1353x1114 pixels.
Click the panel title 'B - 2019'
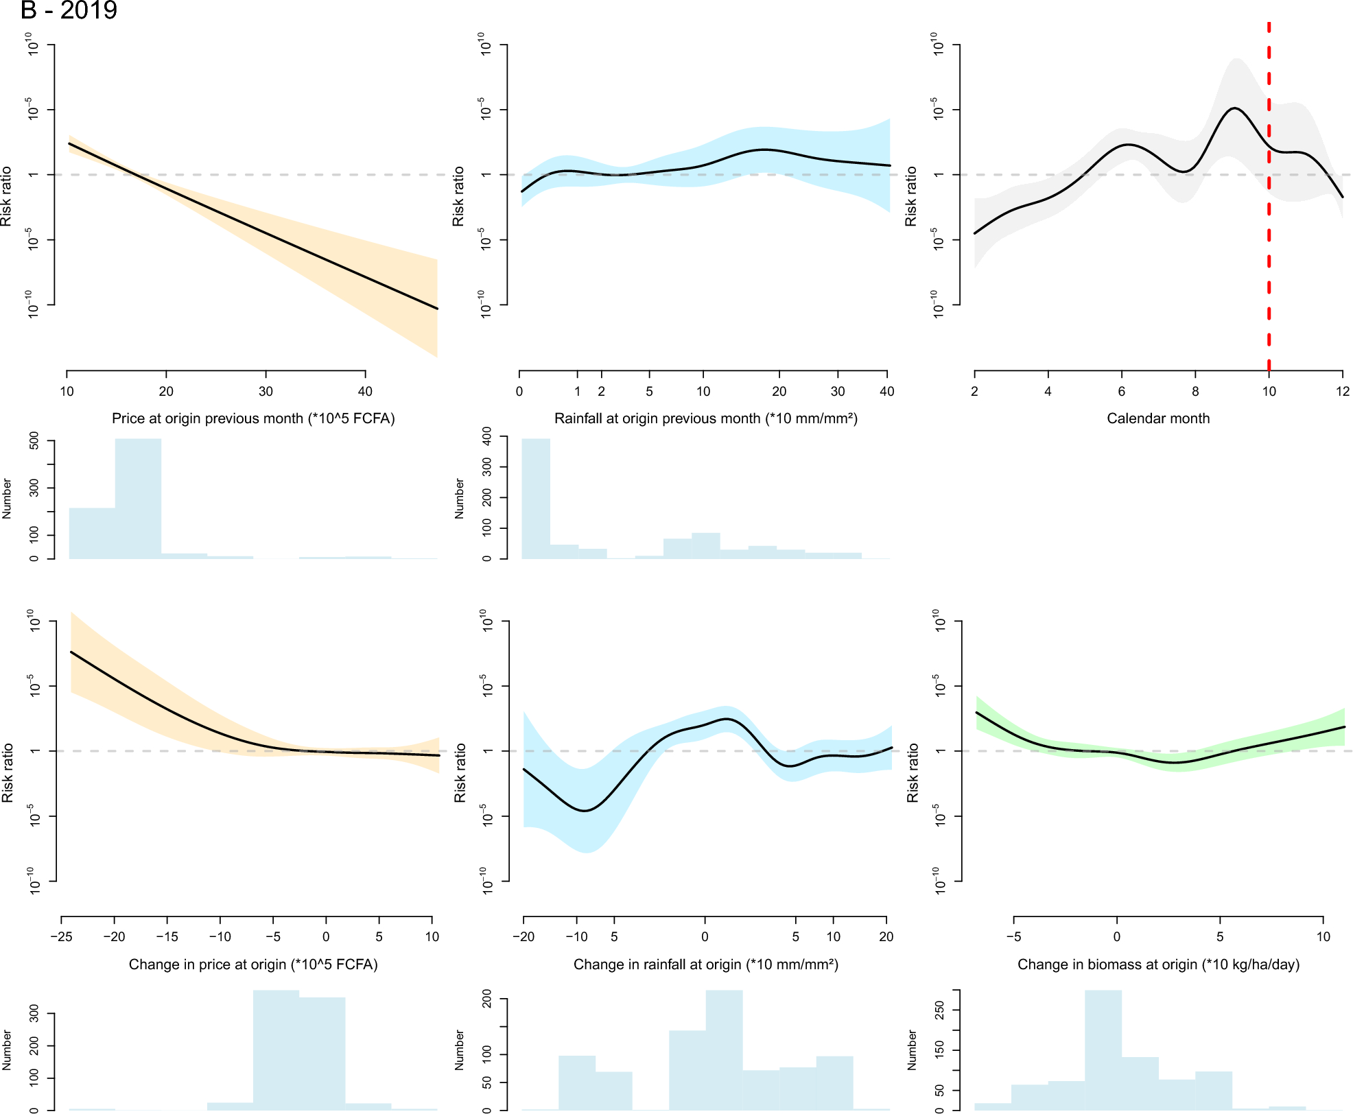[x=69, y=10]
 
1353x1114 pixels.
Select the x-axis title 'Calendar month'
[x=1158, y=418]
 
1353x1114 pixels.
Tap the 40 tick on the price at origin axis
[x=365, y=391]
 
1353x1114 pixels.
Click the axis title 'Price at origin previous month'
[x=253, y=418]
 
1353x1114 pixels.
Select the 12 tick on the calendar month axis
[x=1343, y=391]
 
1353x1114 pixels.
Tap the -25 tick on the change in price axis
[x=61, y=937]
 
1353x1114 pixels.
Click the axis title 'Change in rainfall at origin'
[x=705, y=964]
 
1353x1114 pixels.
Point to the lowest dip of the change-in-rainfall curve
[x=585, y=811]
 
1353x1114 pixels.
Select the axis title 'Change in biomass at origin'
[x=1158, y=964]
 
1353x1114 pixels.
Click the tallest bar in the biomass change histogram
[x=1103, y=1050]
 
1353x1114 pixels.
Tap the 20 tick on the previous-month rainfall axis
[x=779, y=391]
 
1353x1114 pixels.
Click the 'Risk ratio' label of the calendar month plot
[x=910, y=196]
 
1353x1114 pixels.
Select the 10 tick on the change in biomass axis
[x=1323, y=937]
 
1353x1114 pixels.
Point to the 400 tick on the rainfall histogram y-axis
[x=487, y=436]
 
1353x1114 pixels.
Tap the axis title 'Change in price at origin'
[x=253, y=964]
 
